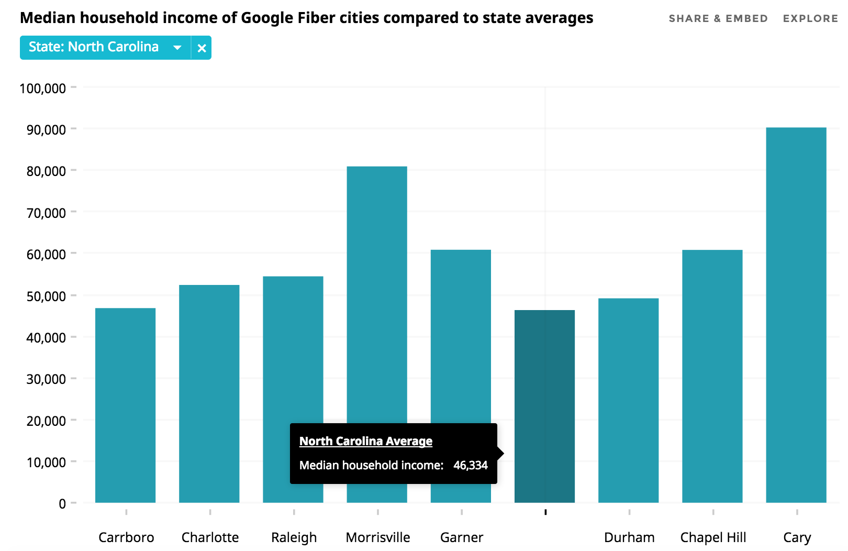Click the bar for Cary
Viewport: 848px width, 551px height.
click(x=796, y=314)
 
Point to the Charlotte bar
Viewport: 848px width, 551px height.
click(x=209, y=393)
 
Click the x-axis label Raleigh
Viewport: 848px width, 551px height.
click(x=294, y=537)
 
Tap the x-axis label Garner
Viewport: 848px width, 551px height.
click(x=461, y=537)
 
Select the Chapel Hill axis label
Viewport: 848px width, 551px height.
click(x=713, y=537)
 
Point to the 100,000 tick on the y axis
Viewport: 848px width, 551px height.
click(x=43, y=88)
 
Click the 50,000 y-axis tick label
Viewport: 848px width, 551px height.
click(x=46, y=296)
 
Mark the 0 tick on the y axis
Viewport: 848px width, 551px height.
click(x=62, y=504)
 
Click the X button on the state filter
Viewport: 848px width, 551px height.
click(x=202, y=48)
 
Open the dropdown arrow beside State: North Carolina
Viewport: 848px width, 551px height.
click(x=177, y=48)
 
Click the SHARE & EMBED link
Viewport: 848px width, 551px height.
click(x=718, y=18)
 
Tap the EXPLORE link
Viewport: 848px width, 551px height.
click(x=810, y=18)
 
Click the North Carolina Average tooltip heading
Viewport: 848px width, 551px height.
click(x=365, y=441)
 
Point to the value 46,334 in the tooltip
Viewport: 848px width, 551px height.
click(x=470, y=465)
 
